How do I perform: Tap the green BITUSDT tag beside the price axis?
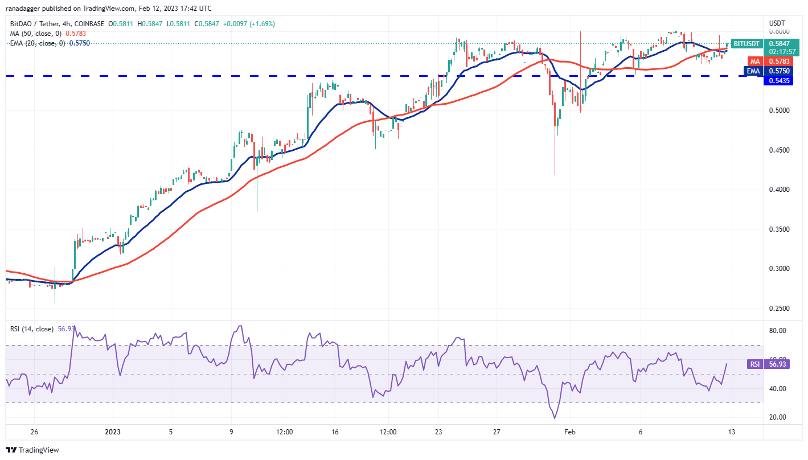pyautogui.click(x=745, y=43)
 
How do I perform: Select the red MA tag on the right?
pyautogui.click(x=754, y=61)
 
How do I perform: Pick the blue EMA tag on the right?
pyautogui.click(x=754, y=71)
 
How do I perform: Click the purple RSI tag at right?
pyautogui.click(x=754, y=364)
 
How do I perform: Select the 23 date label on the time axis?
pyautogui.click(x=438, y=432)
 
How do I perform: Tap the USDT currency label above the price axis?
pyautogui.click(x=777, y=23)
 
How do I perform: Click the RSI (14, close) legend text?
pyautogui.click(x=31, y=328)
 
